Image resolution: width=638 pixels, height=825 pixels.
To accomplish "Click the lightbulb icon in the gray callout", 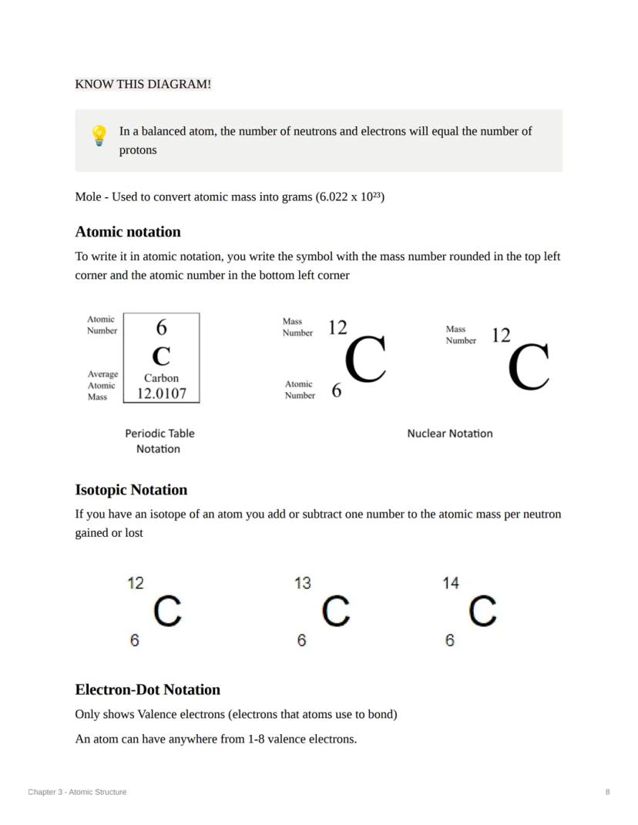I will point(99,136).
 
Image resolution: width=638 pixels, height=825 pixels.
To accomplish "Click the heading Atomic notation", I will point(128,232).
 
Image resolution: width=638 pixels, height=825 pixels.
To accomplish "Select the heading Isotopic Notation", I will point(131,490).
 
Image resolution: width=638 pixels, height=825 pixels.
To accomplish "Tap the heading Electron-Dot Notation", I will point(147,689).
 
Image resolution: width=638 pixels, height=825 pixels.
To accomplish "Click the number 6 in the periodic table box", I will point(161,327).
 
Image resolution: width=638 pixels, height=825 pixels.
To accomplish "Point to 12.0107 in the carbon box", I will point(161,394).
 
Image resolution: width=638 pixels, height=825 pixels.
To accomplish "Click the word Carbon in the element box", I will point(161,378).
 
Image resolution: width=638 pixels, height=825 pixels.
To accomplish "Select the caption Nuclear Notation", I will point(449,434).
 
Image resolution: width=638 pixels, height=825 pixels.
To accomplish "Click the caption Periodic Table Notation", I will point(159,441).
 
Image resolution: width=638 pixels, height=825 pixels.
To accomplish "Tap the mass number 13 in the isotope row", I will point(303,583).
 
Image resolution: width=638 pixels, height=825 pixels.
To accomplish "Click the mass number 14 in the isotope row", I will point(451,583).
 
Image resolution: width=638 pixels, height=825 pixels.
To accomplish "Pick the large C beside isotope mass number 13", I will point(336,612).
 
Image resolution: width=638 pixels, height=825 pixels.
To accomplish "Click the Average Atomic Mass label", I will point(102,385).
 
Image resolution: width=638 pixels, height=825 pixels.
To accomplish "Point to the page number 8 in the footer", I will point(607,792).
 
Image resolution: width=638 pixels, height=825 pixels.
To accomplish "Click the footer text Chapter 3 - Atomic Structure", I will point(77,792).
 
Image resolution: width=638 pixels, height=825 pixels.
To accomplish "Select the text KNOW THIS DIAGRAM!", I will point(143,84).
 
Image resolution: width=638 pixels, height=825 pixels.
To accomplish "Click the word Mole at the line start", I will point(88,197).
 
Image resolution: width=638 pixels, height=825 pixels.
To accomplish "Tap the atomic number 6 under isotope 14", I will point(450,640).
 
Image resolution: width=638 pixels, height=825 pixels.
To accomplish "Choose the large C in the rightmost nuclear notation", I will point(529,367).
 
